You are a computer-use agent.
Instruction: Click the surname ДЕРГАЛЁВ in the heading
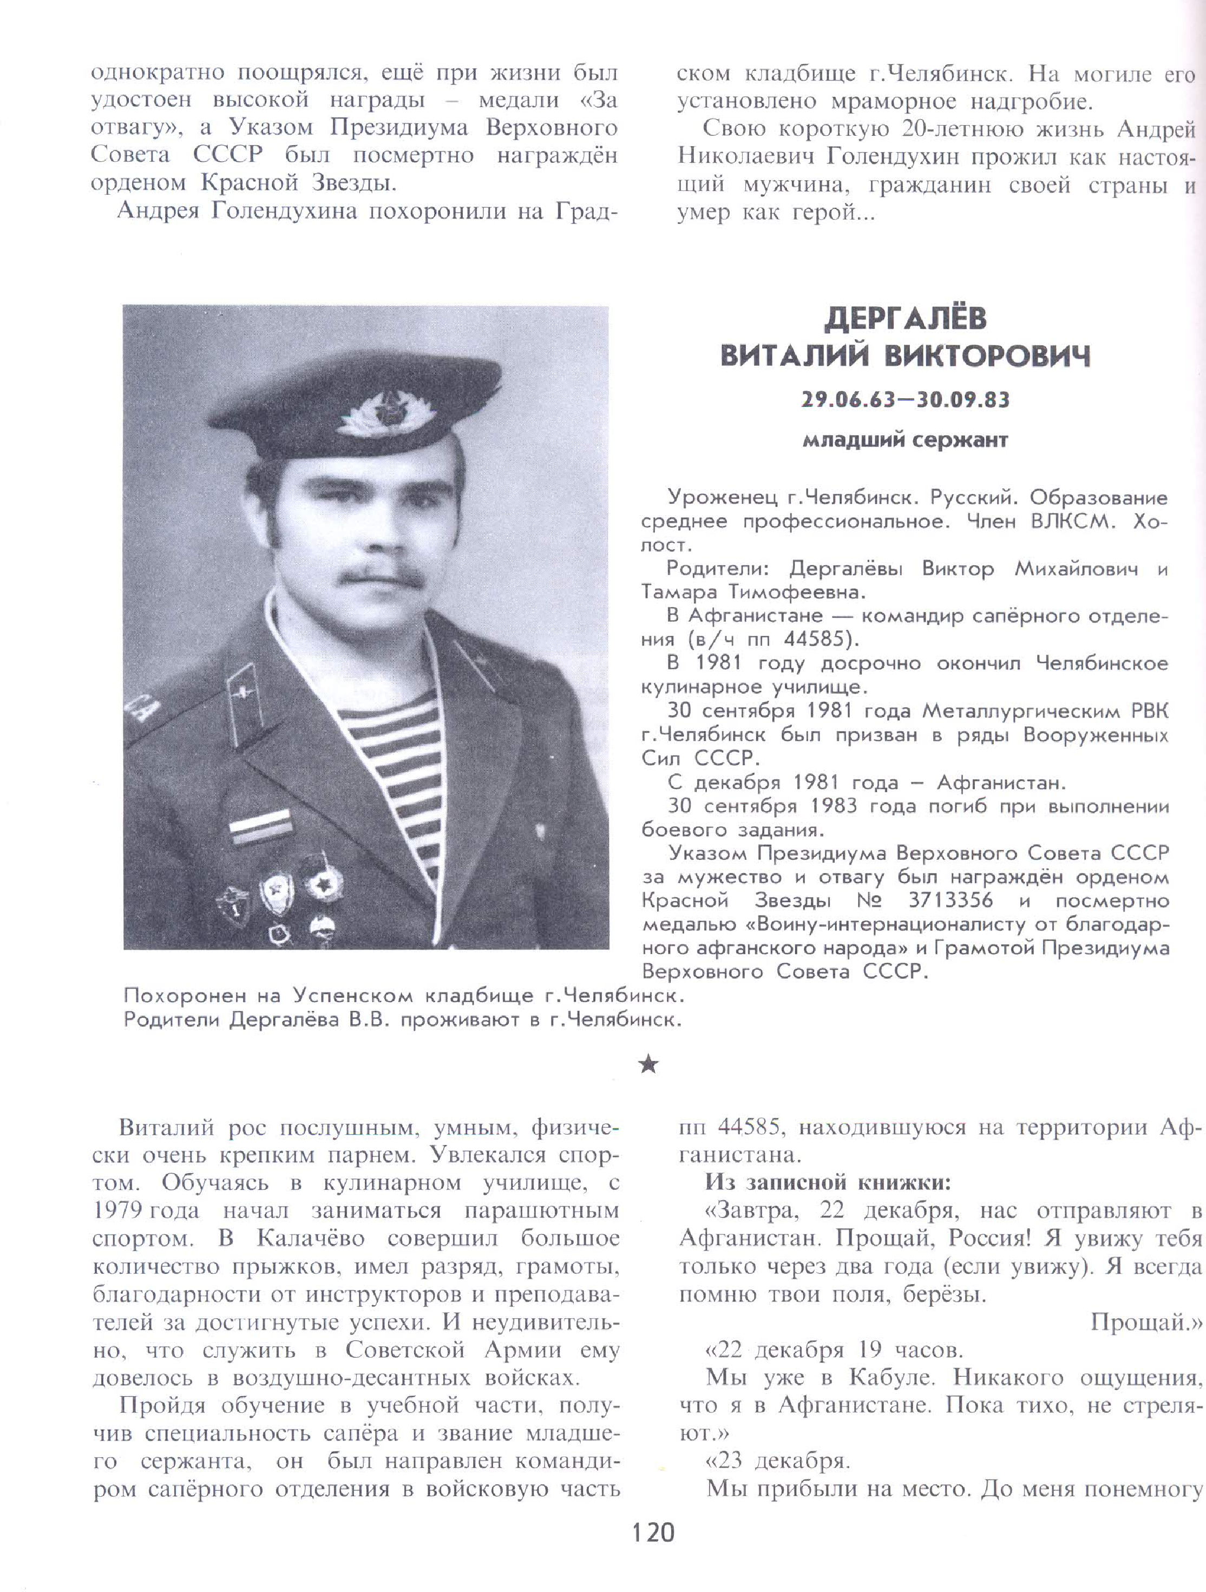pyautogui.click(x=905, y=319)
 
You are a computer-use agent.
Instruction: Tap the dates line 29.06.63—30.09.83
pyautogui.click(x=905, y=399)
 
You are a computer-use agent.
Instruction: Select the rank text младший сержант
pyautogui.click(x=905, y=440)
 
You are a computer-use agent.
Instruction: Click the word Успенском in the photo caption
pyautogui.click(x=352, y=996)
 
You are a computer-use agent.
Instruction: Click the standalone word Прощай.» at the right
pyautogui.click(x=1145, y=1322)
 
